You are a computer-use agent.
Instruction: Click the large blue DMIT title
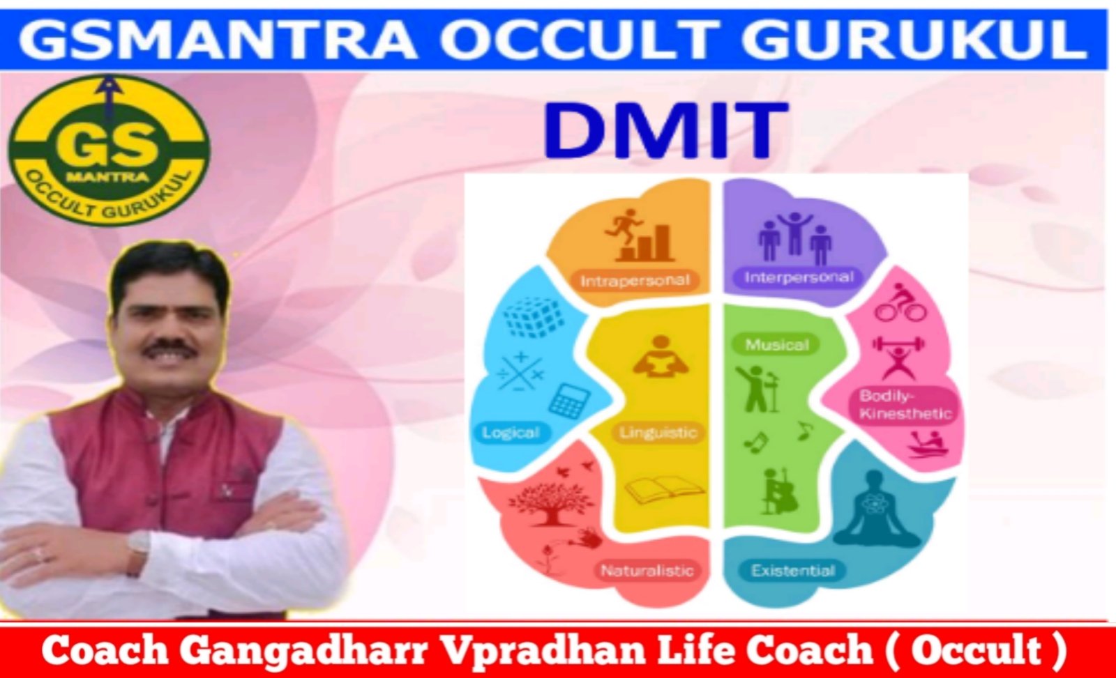click(x=665, y=130)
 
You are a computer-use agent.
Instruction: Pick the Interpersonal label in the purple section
click(x=799, y=277)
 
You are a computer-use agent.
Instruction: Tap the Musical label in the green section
click(x=777, y=344)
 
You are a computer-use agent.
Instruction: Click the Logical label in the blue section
click(x=511, y=433)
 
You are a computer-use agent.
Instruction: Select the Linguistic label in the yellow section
click(x=658, y=432)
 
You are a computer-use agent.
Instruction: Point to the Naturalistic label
click(x=647, y=570)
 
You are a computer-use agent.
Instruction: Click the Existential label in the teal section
click(x=792, y=570)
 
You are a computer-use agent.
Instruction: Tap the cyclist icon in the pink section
click(x=900, y=302)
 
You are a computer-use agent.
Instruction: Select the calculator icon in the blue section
click(x=569, y=400)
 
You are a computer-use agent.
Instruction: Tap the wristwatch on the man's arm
click(x=138, y=546)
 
